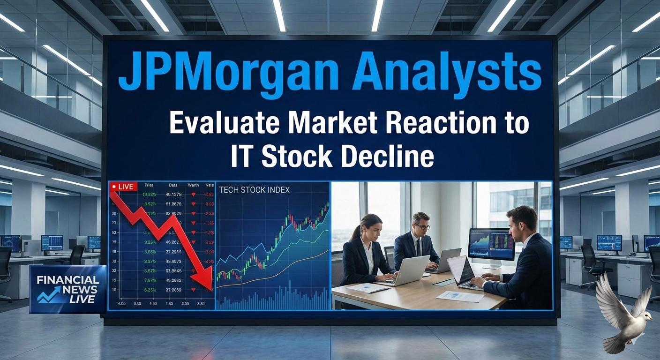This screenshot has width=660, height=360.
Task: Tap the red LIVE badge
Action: pos(123,187)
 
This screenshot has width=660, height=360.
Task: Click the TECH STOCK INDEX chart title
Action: pos(254,190)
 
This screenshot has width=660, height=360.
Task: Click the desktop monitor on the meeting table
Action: pos(491,245)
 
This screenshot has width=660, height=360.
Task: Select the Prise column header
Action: pos(149,186)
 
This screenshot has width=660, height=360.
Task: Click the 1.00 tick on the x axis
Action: pos(153,304)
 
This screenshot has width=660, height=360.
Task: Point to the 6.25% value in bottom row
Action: pos(150,290)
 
